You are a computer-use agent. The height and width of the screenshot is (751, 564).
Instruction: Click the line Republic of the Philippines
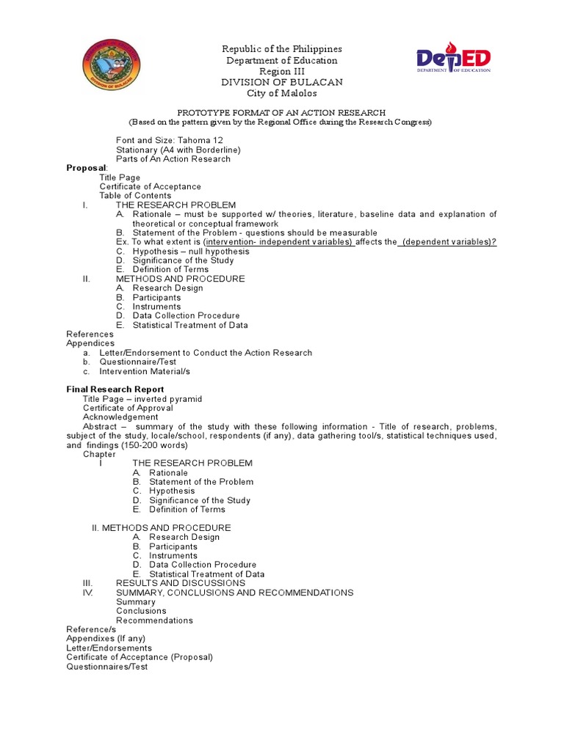click(282, 49)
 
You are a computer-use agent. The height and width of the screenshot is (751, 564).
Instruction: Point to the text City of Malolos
click(282, 93)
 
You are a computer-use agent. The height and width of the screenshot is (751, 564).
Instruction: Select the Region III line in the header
click(282, 71)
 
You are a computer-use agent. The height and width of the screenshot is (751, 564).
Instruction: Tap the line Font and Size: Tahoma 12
click(169, 140)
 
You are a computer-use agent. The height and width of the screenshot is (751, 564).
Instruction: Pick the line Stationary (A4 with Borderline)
click(178, 150)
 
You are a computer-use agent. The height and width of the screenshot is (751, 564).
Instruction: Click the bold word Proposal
click(86, 168)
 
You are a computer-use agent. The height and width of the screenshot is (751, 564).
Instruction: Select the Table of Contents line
click(135, 196)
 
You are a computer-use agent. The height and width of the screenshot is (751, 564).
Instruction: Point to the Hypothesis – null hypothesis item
click(190, 251)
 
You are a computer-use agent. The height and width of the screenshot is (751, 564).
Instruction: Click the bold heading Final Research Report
click(115, 389)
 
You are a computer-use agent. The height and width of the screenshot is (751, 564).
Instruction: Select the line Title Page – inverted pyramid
click(142, 399)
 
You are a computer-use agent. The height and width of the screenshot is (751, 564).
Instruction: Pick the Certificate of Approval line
click(128, 408)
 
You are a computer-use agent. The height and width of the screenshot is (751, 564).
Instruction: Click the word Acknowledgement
click(120, 417)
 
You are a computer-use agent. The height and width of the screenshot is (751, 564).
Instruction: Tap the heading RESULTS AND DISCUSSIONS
click(181, 583)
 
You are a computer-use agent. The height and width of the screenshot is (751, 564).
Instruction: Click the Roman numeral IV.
click(88, 593)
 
